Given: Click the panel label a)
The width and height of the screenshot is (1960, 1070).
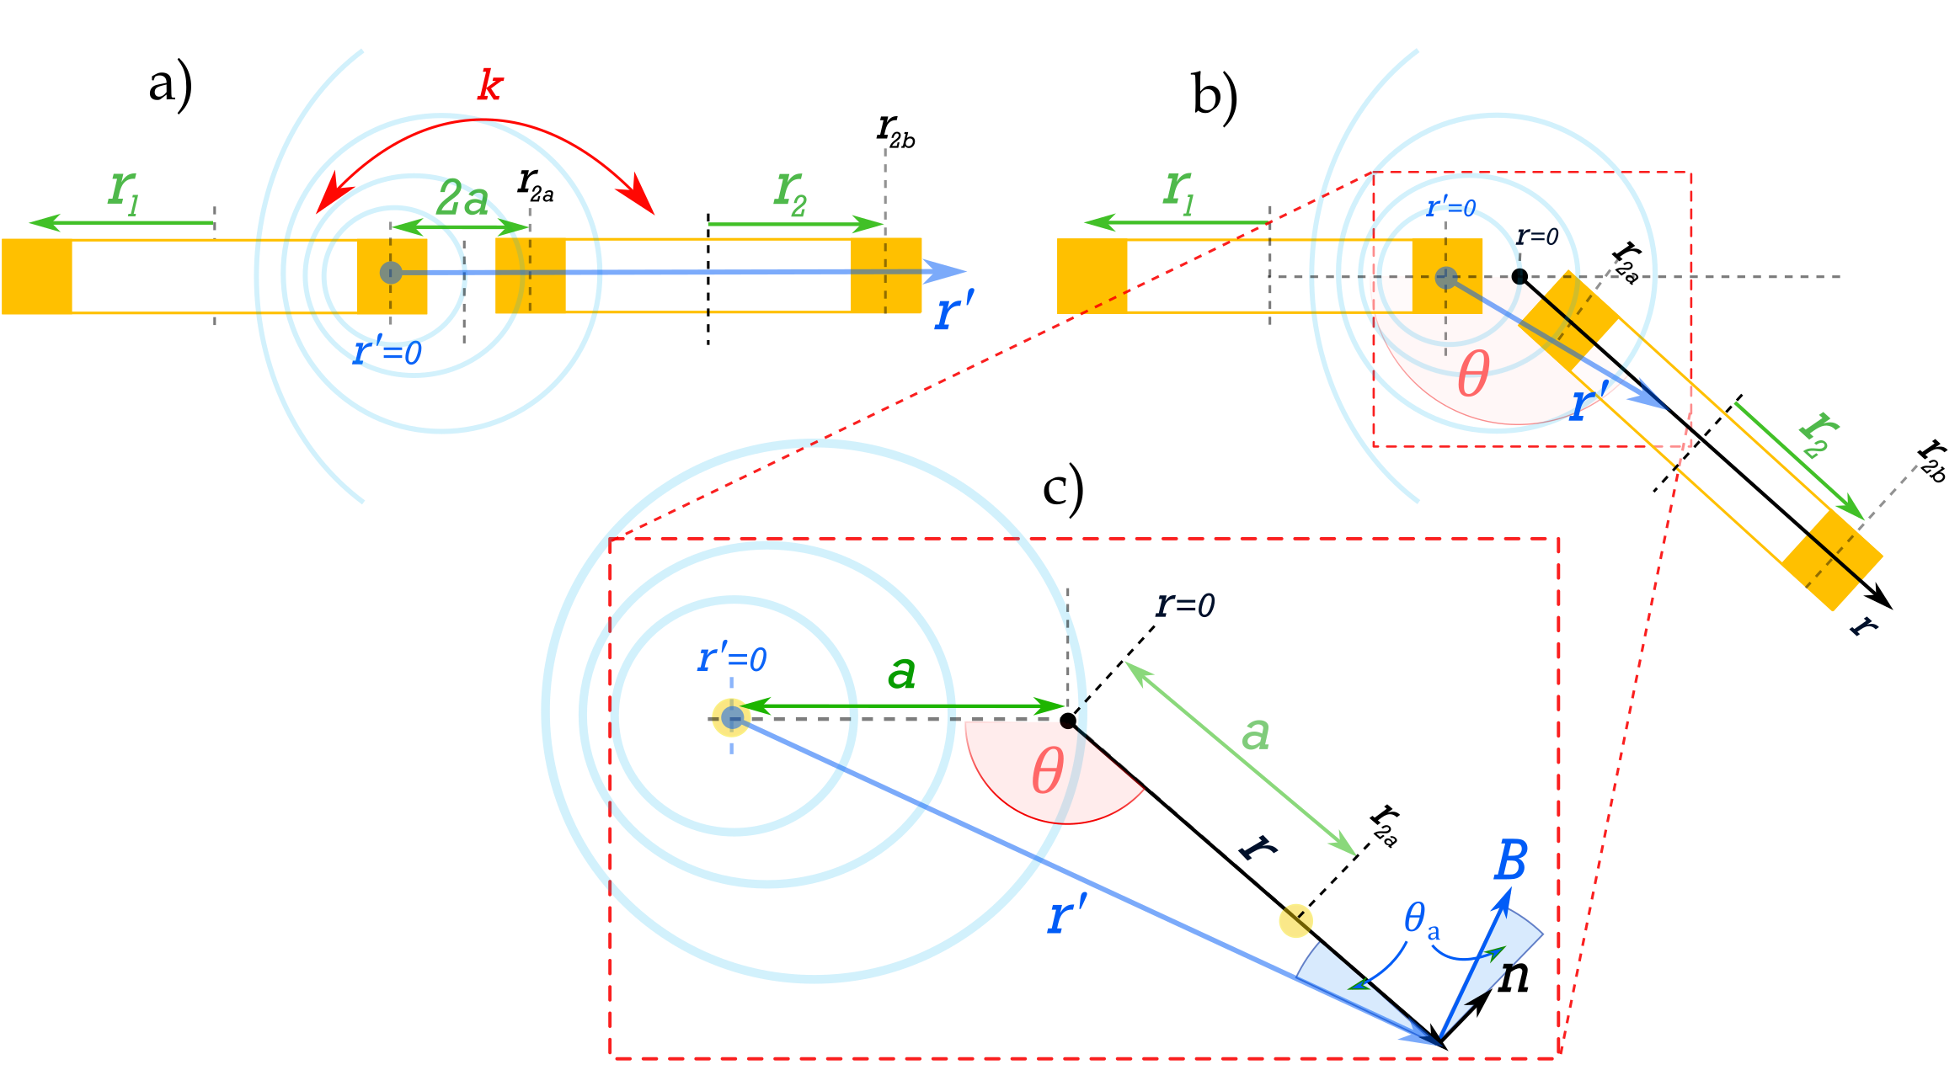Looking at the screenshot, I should (x=170, y=87).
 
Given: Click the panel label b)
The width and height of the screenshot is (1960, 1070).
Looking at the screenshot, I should (x=1215, y=95).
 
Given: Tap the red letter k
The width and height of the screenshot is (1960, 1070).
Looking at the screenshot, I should (x=490, y=86).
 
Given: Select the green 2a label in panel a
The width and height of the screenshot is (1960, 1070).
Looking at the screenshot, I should (x=462, y=200).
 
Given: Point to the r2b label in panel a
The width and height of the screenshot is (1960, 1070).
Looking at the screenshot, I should (x=895, y=132).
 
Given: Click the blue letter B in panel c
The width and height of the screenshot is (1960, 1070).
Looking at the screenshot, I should (x=1510, y=861).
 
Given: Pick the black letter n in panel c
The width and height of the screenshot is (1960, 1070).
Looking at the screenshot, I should (x=1514, y=977).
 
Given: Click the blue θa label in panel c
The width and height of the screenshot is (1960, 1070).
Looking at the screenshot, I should (x=1421, y=919).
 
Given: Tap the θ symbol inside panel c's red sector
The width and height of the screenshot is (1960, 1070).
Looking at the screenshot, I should (x=1048, y=771).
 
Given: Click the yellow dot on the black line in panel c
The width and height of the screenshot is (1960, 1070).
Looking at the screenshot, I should (x=1295, y=920).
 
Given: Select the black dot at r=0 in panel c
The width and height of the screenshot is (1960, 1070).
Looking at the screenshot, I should (x=1068, y=721).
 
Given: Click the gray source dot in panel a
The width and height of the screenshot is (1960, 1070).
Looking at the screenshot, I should (x=391, y=273).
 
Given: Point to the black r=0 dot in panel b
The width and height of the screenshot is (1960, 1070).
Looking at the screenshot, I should (x=1519, y=276).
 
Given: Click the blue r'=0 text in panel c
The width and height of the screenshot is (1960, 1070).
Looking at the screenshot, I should (x=731, y=658).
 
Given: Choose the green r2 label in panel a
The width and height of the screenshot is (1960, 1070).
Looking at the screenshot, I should (x=790, y=191).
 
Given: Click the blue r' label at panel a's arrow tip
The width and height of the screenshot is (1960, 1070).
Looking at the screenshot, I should (x=954, y=310).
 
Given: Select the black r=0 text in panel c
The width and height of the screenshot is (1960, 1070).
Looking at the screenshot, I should (x=1185, y=604).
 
